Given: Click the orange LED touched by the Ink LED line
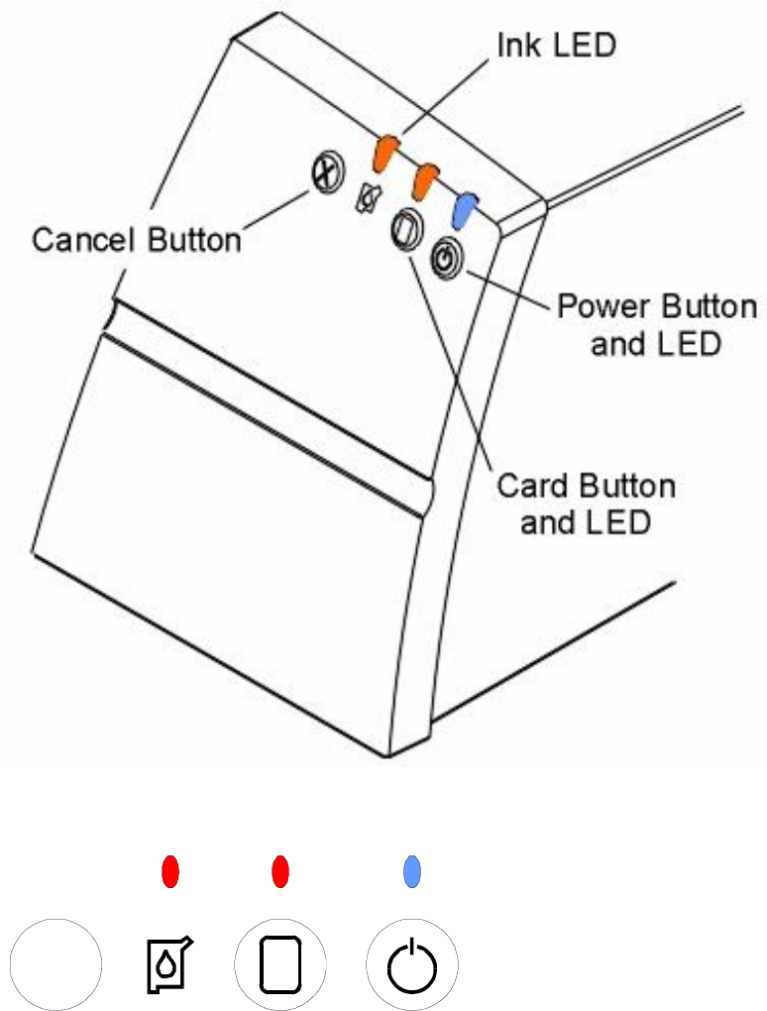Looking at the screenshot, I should click(384, 152).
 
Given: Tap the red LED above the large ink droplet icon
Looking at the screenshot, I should click(170, 873).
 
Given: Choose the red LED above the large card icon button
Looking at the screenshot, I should click(280, 873).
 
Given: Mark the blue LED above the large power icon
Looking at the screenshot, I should click(412, 873).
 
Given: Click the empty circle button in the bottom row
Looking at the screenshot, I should click(55, 962).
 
